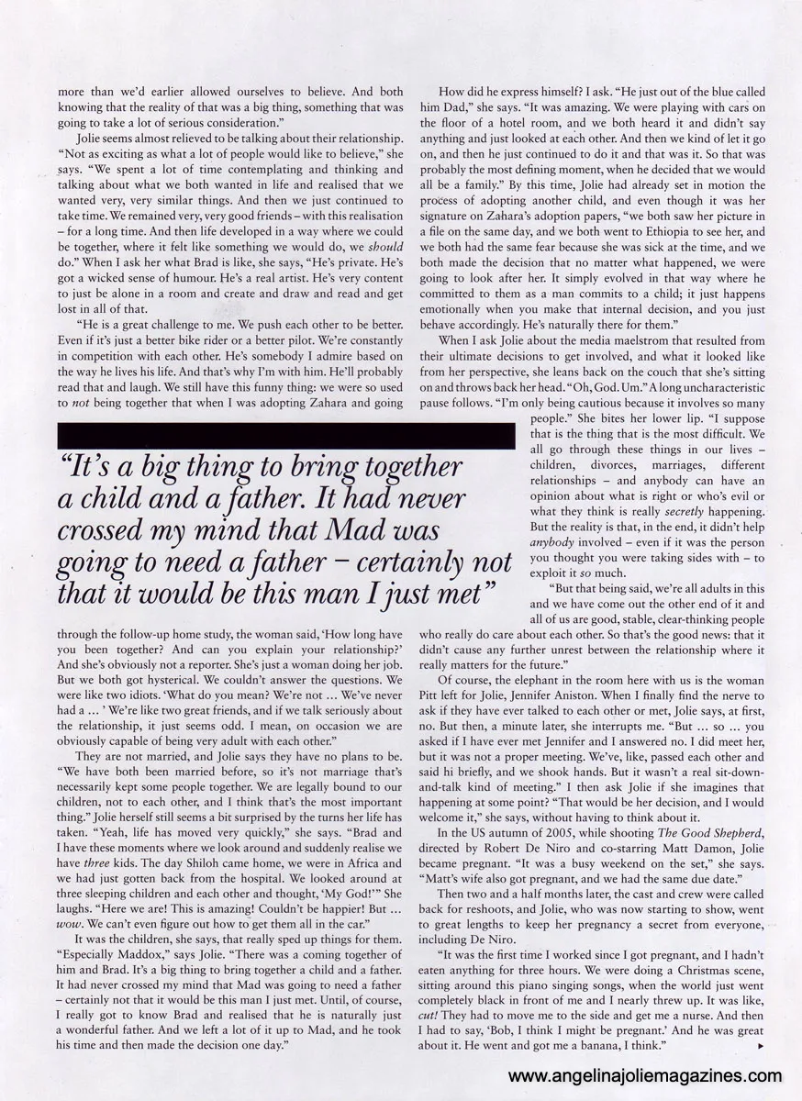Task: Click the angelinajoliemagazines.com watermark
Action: tap(644, 1076)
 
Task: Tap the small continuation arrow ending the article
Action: tap(762, 1047)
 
